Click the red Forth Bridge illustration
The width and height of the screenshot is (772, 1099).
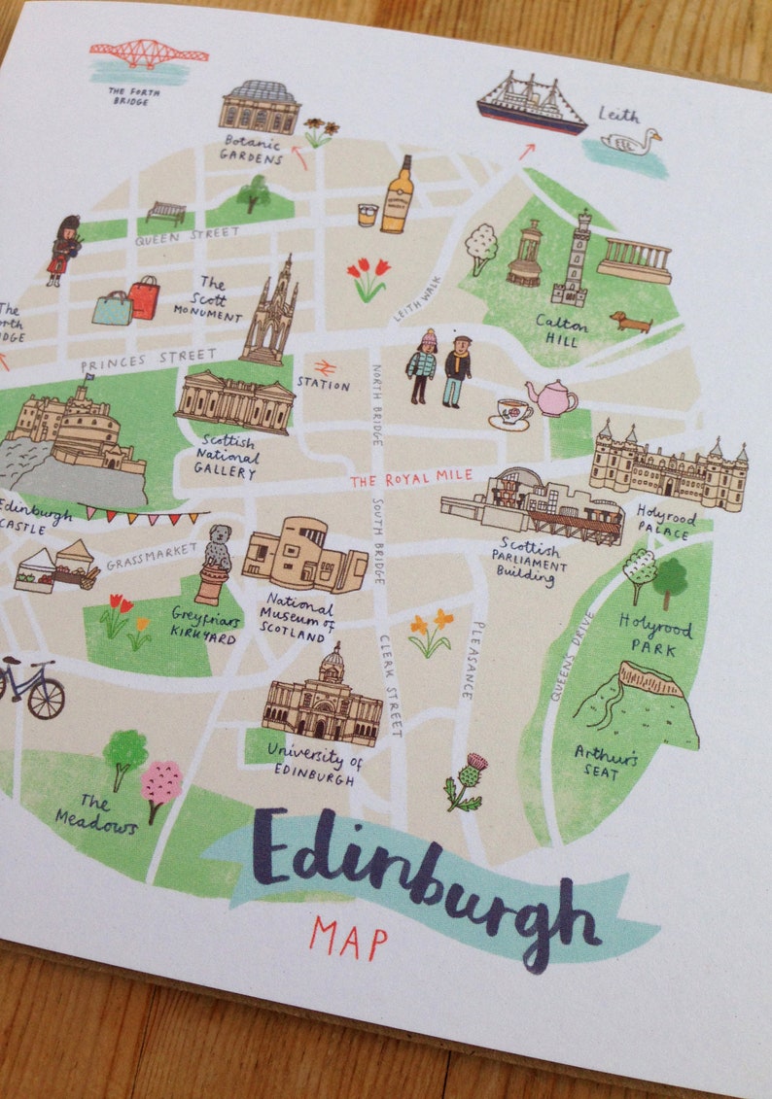(149, 52)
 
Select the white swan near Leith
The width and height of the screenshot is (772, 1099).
(629, 142)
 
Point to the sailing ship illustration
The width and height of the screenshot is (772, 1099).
(531, 103)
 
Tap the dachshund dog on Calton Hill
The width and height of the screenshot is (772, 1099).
(631, 321)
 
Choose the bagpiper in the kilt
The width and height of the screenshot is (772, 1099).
(64, 250)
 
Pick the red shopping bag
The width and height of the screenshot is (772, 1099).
(144, 297)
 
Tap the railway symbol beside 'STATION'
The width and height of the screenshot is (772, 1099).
(325, 367)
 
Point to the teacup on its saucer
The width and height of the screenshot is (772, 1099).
(511, 412)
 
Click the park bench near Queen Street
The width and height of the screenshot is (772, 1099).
(165, 212)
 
